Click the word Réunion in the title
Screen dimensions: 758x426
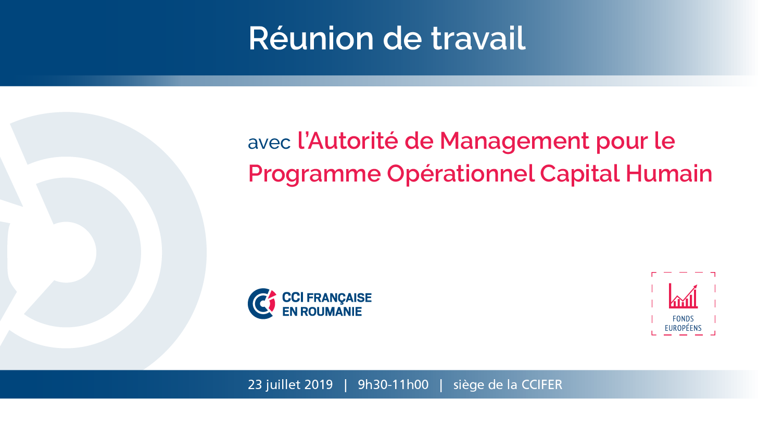click(x=311, y=38)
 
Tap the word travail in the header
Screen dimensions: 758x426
click(x=478, y=38)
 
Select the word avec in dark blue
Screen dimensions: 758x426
click(x=269, y=143)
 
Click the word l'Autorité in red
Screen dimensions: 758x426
click(x=348, y=140)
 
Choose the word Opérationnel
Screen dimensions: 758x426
click(x=460, y=174)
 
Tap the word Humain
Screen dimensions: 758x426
click(x=669, y=173)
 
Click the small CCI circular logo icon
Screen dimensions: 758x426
click(x=261, y=303)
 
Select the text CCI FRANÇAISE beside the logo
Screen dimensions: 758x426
click(x=326, y=298)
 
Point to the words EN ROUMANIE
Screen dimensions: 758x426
click(x=322, y=312)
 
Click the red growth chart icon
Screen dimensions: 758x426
click(x=683, y=296)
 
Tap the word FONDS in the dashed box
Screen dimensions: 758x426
click(x=683, y=318)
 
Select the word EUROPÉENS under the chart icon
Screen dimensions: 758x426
click(x=683, y=328)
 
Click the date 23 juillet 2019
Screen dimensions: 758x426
click(x=290, y=385)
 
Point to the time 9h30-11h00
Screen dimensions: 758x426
click(x=393, y=385)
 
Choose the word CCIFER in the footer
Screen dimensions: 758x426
click(x=541, y=385)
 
